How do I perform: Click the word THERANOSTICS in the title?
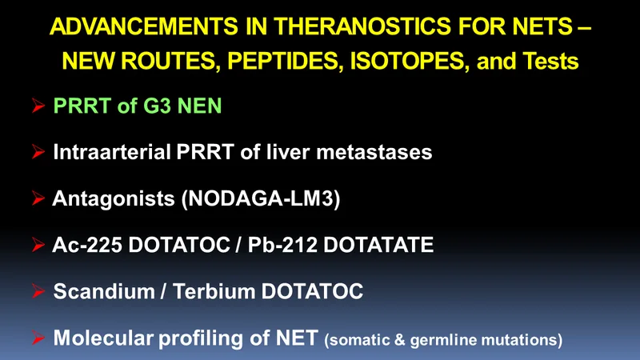coord(362,26)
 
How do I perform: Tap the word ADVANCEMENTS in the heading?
coord(144,26)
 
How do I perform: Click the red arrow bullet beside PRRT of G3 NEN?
coord(38,106)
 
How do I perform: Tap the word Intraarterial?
coord(112,152)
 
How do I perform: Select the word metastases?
coord(374,152)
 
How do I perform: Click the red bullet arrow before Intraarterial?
coord(38,152)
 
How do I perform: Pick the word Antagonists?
coord(114,198)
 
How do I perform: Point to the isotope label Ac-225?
coord(87,245)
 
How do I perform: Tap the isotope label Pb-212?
coord(282,245)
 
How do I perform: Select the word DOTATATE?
coord(378,245)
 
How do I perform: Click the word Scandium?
coord(104,291)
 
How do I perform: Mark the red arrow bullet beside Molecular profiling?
coord(38,338)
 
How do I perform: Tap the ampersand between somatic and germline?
coord(399,340)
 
